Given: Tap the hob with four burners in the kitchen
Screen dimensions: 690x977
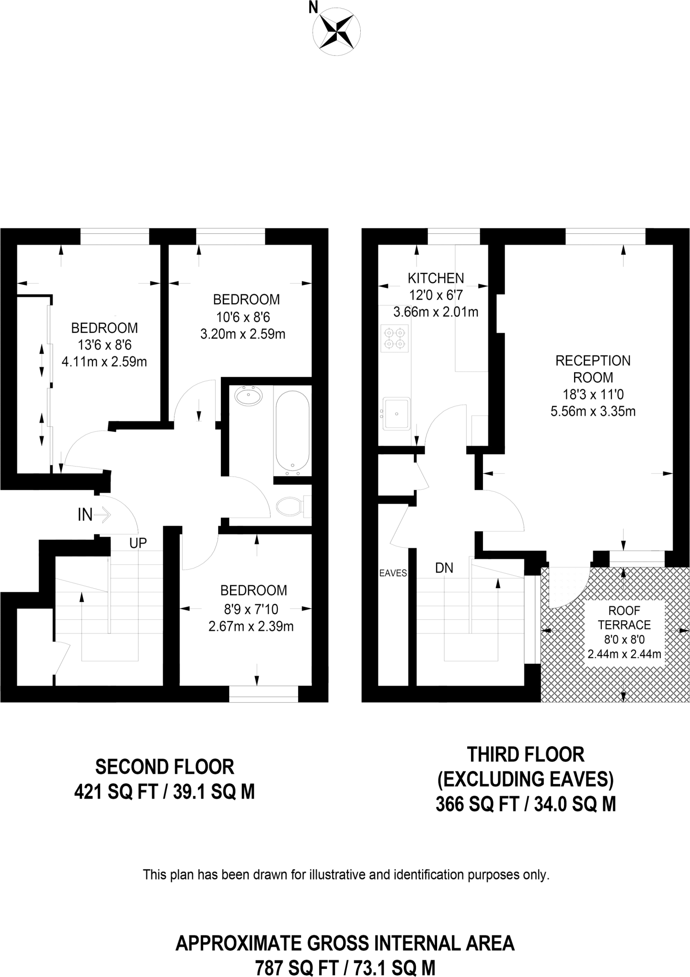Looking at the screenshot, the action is point(395,338).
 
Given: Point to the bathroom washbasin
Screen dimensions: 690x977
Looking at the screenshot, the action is point(249,396).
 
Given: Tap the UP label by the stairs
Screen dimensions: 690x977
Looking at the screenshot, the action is point(138,543).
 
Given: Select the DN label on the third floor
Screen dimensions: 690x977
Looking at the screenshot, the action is point(444,568).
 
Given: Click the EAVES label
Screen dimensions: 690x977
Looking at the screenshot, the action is point(393,573).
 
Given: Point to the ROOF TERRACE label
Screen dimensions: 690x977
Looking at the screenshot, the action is point(624,617).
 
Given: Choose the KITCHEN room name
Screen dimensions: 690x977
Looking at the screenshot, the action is point(435,278).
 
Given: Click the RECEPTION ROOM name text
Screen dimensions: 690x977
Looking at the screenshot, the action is point(593,369).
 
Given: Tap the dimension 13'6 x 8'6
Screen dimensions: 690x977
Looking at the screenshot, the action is point(104,344).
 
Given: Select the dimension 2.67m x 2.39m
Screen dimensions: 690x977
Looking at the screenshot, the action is point(251,626).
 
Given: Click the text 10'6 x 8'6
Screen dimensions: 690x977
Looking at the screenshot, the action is point(243,317).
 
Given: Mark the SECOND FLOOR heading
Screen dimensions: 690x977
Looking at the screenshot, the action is point(165,767).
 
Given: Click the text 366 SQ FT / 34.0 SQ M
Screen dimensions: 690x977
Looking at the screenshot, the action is point(526,805).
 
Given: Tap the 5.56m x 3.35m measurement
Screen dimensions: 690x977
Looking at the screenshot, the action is point(593,411).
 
